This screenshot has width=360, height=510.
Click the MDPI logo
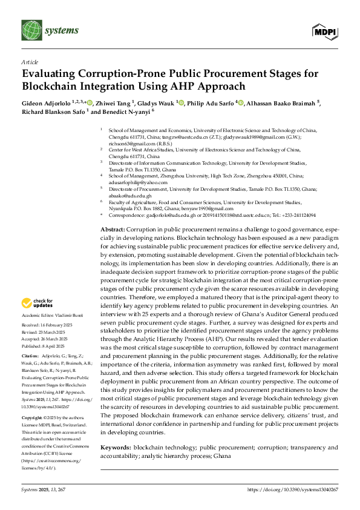point(326,31)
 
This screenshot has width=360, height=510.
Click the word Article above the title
point(29,62)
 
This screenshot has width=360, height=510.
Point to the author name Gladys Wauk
point(157,103)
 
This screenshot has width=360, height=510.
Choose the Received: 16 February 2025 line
point(48,325)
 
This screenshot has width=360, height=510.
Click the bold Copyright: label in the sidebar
point(33,401)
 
